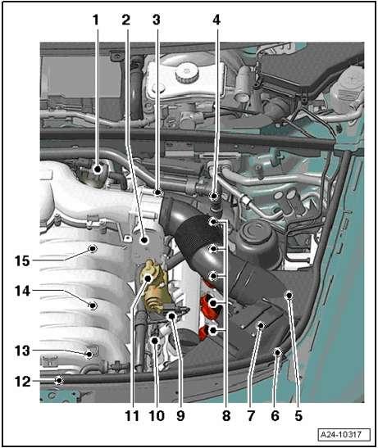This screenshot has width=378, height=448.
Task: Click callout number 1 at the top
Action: pos(96,20)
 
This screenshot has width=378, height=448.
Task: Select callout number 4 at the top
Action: pos(216,20)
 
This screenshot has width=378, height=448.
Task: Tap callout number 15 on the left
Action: pos(22,260)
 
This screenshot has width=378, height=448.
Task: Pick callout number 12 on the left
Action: pos(22,382)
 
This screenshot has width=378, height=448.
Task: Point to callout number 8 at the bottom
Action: pos(226,416)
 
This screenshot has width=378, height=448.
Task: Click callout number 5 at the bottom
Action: pos(298,416)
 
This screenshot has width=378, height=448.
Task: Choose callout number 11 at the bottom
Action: pos(132,416)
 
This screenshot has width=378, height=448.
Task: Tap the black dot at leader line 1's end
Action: pos(98,170)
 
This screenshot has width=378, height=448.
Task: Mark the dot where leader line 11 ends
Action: pos(148,278)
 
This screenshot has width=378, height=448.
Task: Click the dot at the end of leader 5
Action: pos(289,295)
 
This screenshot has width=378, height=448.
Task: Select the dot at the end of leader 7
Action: pos(261,325)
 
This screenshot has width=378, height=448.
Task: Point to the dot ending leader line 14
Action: pos(93,305)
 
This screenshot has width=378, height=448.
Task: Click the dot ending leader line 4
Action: pos(214,196)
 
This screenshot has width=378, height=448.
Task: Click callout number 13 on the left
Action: pos(22,351)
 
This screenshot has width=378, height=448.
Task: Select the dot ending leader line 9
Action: pos(172,315)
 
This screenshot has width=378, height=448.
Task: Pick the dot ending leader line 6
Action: pos(277,352)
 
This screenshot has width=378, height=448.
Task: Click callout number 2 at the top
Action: pos(126,20)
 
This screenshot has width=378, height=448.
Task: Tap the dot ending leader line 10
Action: pos(155,340)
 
